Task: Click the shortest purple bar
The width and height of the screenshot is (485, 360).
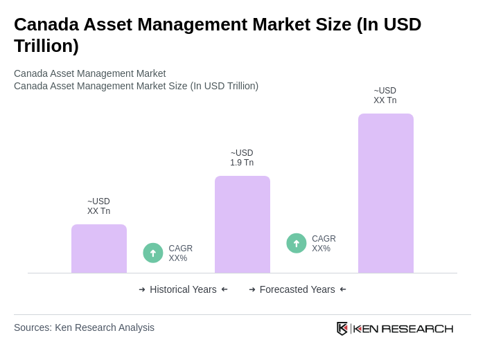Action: pos(99,249)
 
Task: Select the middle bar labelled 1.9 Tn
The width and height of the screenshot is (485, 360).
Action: pos(242,224)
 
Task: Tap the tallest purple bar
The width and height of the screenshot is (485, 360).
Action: pos(386,193)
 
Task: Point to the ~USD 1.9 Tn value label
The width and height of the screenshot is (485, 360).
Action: pos(242,158)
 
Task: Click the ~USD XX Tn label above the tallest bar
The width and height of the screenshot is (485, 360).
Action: pos(385,96)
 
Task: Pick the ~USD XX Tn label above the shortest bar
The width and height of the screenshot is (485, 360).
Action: pos(98,206)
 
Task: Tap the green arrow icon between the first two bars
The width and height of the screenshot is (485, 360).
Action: pos(153,253)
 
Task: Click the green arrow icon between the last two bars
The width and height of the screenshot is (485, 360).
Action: pos(297,243)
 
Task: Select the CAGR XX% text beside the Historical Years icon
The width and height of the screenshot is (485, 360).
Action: pos(180,253)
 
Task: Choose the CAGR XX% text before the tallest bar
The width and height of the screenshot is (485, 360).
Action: pos(324,244)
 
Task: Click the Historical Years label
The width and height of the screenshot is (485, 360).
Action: pos(183,289)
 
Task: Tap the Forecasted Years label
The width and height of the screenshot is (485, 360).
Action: pos(297,289)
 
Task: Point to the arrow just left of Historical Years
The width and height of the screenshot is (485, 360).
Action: pos(142,289)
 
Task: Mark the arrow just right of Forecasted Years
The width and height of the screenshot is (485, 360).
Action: pos(343,289)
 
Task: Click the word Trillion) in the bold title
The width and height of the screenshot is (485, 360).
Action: pos(46,46)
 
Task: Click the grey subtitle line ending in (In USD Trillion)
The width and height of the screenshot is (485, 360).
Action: pos(136,86)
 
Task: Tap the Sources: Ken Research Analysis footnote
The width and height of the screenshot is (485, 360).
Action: pos(84,327)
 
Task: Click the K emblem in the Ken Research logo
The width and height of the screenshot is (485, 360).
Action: pos(342,328)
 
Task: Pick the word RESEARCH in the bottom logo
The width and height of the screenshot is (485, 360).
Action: pos(417,328)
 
